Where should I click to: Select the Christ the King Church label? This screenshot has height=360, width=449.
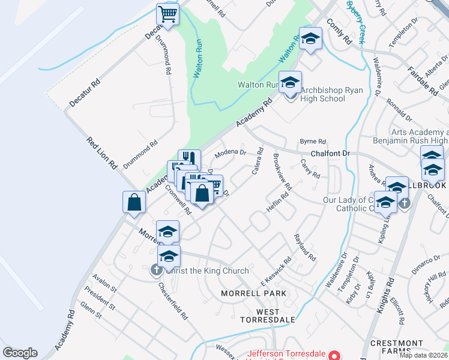[x=207, y=271]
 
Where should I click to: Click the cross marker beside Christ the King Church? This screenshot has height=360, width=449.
[x=156, y=270]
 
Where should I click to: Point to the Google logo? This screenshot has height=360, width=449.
[x=20, y=353]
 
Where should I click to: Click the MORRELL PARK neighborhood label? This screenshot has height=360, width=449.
[x=253, y=293]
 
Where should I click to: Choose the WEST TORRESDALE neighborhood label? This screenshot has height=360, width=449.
[x=268, y=316]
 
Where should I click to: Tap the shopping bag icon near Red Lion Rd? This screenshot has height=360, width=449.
[x=134, y=202]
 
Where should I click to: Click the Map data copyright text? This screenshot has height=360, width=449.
[x=424, y=355]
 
